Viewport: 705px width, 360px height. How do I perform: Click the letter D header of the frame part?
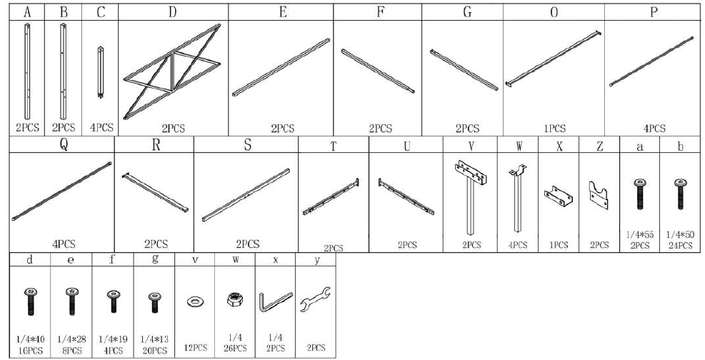click(173, 12)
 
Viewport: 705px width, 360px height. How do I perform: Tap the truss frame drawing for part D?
click(172, 71)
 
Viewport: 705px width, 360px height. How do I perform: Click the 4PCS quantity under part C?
click(100, 128)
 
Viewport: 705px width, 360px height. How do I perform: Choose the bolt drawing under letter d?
click(31, 301)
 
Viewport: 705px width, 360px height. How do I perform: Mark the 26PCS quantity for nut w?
click(235, 348)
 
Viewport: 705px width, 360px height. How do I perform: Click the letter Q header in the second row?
click(63, 145)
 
